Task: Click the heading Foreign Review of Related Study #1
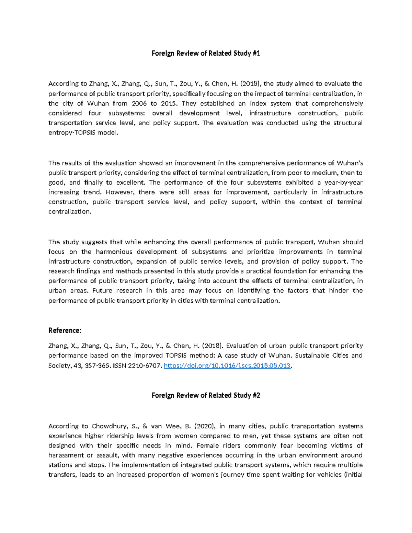pyautogui.click(x=206, y=53)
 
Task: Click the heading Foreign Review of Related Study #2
pyautogui.click(x=206, y=395)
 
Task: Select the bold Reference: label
pyautogui.click(x=65, y=331)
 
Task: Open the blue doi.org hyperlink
pyautogui.click(x=227, y=366)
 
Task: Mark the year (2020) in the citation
pyautogui.click(x=205, y=426)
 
